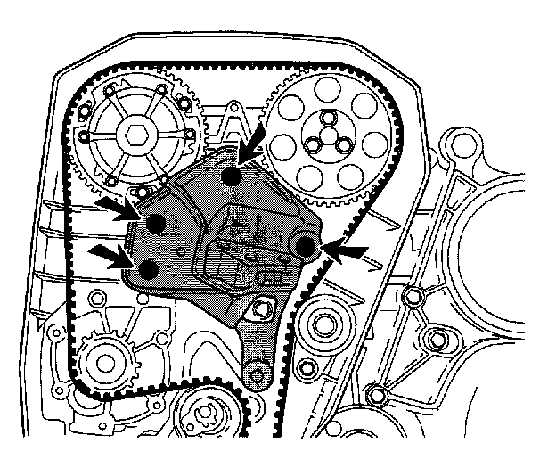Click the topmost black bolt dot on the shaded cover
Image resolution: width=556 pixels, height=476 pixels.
click(232, 176)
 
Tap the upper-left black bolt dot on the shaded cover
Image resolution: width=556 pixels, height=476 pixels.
click(154, 223)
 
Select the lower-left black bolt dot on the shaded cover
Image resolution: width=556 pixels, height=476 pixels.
click(149, 269)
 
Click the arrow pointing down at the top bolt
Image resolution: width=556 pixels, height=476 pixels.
click(257, 141)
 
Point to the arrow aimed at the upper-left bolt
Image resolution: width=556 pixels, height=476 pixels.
click(116, 208)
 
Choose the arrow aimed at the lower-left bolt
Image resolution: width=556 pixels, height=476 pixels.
click(112, 256)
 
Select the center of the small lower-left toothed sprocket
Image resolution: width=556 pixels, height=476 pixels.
click(104, 364)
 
